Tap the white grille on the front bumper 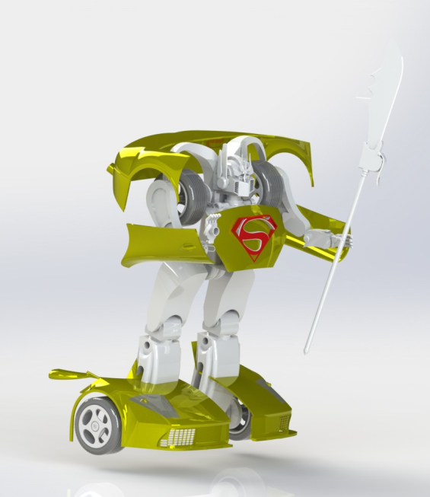(182, 438)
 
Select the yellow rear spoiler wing (72, 375)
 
